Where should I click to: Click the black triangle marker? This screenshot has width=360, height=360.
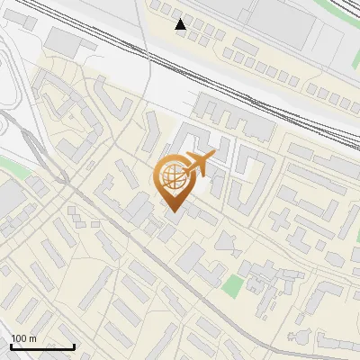181,24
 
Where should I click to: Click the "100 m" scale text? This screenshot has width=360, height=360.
23,338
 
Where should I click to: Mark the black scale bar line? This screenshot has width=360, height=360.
42,346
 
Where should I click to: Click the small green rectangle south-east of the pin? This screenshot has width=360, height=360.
233,287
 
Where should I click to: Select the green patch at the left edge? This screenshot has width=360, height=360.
9,167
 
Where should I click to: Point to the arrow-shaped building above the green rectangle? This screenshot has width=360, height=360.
227,241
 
